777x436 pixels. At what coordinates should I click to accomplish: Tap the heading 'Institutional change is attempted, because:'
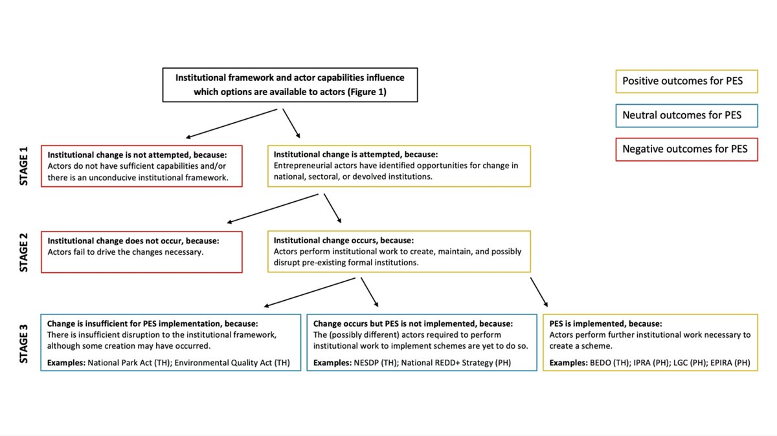point(355,155)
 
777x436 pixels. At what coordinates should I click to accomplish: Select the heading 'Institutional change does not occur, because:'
point(133,241)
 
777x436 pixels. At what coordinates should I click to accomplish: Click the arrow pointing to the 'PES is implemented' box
point(539,291)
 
